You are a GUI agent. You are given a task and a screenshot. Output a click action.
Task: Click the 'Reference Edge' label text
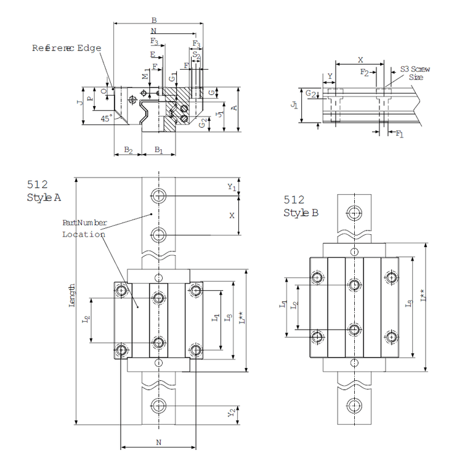[66, 47]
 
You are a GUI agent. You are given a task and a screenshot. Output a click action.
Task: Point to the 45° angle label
[107, 120]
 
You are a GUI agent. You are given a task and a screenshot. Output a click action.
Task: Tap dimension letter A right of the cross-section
[234, 108]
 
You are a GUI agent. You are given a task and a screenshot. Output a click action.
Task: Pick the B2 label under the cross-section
[128, 150]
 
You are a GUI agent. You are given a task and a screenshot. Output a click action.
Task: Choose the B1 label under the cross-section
[158, 150]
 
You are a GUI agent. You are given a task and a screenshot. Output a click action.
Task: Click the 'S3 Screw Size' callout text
[415, 73]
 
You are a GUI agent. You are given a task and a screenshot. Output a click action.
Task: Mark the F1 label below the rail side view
[400, 133]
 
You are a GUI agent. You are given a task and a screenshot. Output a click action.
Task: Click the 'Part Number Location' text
[84, 228]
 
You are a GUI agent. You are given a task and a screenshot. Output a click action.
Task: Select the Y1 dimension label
[232, 187]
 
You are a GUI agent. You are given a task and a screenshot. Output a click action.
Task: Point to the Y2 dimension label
[232, 412]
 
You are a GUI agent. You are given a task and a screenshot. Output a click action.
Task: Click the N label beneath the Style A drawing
[159, 442]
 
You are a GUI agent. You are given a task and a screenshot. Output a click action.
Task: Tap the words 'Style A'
[44, 197]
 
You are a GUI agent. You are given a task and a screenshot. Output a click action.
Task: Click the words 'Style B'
[301, 213]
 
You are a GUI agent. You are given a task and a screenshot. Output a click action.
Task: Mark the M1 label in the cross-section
[146, 76]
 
